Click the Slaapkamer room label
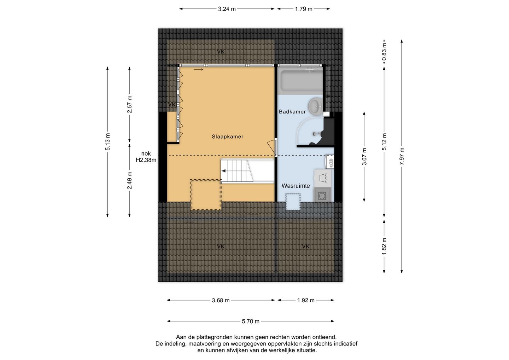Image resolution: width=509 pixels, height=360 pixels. pos(228,137)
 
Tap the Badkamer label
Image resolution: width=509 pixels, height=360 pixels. pos(292,112)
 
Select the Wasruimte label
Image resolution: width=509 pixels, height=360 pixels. pos(296,186)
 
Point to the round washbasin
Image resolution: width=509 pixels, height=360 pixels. pos(315,106)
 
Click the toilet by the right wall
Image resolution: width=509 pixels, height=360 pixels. pos(330,162)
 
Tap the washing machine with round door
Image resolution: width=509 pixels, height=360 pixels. pos(322,195)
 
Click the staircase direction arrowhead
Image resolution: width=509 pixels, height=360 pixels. pos(224,171)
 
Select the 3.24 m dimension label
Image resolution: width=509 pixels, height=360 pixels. pos(227,9)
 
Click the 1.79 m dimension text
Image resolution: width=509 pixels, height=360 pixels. pos(304,9)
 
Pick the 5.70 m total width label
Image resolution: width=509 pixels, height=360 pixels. pos(250,321)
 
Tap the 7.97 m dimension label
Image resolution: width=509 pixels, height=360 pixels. pos(402,156)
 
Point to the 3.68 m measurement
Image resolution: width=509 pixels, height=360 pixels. pos(221,301)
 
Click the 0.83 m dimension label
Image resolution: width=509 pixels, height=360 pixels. pos(384,52)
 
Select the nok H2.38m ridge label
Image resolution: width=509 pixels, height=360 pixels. pos(146,157)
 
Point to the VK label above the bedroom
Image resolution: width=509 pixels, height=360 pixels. pos(221,52)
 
